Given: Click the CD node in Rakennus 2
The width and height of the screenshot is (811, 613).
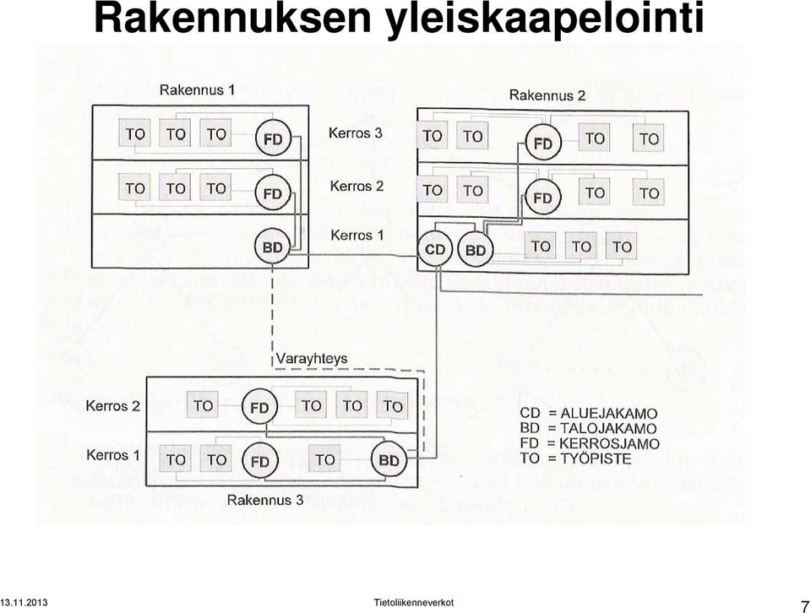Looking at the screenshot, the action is pos(435,250).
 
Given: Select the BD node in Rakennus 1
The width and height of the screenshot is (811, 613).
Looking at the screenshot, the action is pos(273,247).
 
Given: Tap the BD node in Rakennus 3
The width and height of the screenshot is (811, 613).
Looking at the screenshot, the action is pos(389,460).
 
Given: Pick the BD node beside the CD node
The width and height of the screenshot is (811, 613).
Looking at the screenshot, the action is pos(476,250).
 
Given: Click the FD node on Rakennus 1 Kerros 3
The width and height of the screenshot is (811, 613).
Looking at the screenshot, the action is pos(273,138).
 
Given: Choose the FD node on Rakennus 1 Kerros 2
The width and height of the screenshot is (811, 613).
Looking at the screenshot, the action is pos(273,193).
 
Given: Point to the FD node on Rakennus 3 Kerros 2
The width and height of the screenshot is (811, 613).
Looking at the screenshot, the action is pos(259,407).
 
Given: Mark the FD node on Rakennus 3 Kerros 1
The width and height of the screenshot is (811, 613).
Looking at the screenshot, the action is pos(259,460).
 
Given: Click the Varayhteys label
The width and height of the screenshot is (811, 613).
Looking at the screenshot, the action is pos(312,359).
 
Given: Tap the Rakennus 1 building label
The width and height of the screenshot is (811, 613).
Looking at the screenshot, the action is pos(197,90).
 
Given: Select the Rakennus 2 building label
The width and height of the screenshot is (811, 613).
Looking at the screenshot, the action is pos(547,95).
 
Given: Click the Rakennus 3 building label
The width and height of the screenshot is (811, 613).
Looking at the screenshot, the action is pos(265,500).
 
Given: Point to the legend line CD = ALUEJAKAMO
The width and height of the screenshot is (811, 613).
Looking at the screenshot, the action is pos(589,414).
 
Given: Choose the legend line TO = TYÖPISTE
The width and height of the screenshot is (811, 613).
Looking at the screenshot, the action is pos(575,458).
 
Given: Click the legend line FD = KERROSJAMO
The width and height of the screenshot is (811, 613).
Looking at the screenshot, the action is pos(590,443).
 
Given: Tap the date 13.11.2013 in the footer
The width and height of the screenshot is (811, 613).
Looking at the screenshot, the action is pos(24,602).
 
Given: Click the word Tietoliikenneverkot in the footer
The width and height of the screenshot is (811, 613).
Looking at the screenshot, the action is pos(414,602).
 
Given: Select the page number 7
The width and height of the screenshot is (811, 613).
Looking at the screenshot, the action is pos(805,605).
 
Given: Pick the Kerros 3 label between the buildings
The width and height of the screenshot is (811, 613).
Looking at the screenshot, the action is pos(356,133).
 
